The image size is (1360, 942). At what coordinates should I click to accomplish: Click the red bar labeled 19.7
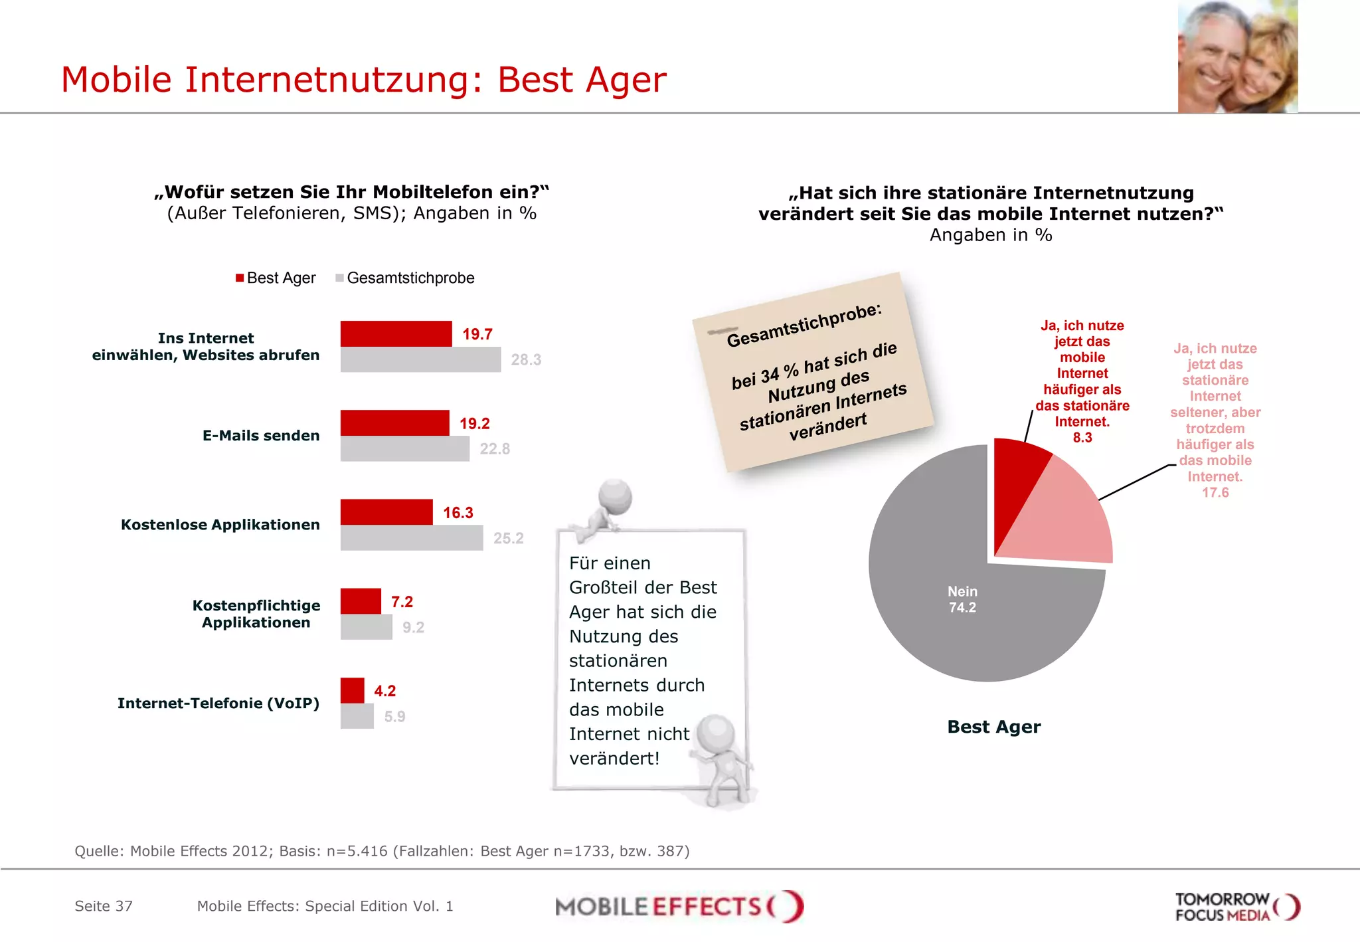(396, 333)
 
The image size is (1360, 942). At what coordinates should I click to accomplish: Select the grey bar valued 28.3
(420, 359)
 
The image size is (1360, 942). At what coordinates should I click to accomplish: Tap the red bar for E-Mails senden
(394, 423)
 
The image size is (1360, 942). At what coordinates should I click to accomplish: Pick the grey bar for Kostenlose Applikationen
(411, 538)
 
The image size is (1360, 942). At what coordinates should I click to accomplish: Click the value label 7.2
(402, 602)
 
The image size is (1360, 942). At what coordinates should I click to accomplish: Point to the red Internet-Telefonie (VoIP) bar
(352, 690)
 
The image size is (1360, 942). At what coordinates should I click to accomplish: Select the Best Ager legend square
(240, 278)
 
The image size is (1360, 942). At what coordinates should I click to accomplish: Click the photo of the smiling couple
(1237, 56)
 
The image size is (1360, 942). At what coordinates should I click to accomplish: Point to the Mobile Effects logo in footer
(679, 906)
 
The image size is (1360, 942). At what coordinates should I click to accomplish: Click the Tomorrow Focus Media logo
(1236, 907)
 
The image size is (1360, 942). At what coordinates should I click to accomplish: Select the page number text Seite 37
(104, 906)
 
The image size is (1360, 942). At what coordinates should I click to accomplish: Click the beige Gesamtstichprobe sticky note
(813, 372)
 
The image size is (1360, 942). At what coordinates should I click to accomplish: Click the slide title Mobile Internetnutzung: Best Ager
(363, 80)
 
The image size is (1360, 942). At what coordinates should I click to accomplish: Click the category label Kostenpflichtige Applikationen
(256, 614)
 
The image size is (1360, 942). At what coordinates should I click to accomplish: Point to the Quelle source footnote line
(382, 851)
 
